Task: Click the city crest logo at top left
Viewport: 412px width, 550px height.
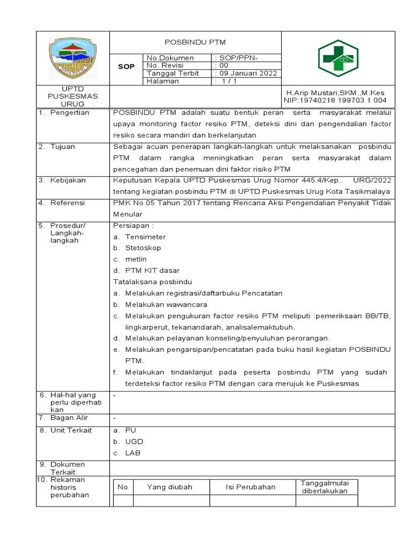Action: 72,57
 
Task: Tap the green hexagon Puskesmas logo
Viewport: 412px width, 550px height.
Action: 338,58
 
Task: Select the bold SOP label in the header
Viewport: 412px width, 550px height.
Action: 126,66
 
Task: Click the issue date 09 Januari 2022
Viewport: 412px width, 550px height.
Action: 246,73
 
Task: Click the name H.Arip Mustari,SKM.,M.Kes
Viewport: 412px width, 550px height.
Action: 335,92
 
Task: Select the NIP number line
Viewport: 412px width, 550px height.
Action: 335,100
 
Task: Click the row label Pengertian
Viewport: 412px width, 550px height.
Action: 70,113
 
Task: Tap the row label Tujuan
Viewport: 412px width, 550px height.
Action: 63,147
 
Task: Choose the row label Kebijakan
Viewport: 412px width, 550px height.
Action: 68,180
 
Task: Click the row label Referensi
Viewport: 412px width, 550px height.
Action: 68,203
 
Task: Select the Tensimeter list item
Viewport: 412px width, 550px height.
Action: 145,237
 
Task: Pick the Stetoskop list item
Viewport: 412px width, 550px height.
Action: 143,248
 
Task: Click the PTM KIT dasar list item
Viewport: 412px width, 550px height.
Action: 152,271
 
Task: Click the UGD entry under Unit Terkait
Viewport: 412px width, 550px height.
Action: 134,442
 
